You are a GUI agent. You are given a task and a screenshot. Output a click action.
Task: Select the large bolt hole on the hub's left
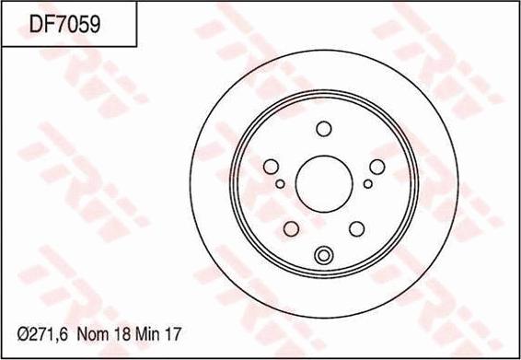[x=271, y=167]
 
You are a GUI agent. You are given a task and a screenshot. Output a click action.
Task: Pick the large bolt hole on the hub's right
[x=376, y=167]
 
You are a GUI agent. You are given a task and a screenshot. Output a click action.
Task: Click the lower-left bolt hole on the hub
[x=291, y=228]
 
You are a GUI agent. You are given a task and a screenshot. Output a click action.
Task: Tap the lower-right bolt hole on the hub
[x=357, y=228]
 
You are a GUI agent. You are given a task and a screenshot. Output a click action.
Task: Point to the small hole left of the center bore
[x=280, y=184]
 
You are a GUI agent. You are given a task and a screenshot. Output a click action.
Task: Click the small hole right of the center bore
[x=367, y=184]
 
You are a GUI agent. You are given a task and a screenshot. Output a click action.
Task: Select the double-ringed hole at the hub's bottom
[x=323, y=256]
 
